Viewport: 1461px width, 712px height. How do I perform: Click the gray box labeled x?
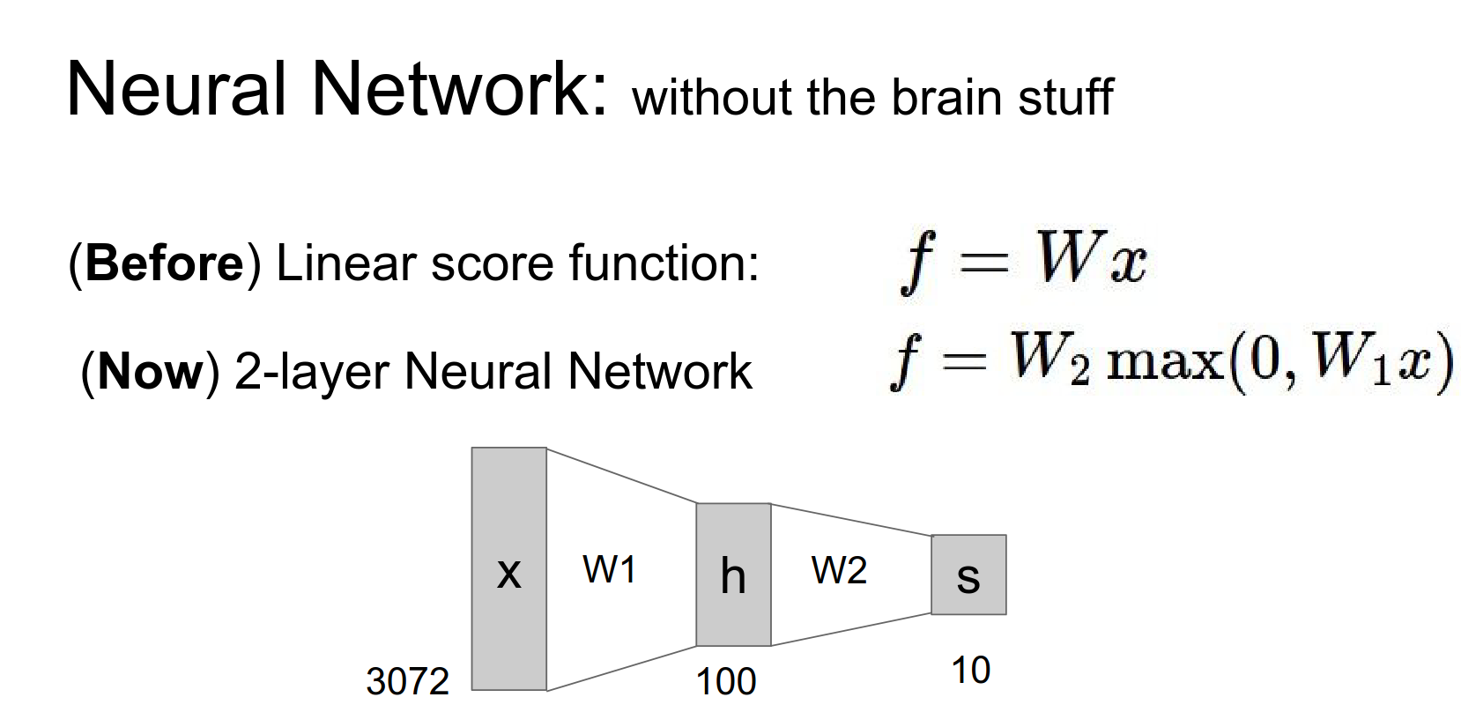[508, 568]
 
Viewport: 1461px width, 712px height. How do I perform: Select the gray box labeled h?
[733, 575]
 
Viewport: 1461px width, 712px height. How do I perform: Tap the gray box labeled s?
[968, 575]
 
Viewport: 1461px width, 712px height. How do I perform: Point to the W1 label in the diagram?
[609, 570]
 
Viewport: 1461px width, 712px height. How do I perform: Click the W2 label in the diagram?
[839, 571]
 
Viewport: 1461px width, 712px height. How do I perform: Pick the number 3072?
[407, 681]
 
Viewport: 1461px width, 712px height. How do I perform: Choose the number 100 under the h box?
[726, 681]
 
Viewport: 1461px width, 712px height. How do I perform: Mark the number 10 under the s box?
[970, 671]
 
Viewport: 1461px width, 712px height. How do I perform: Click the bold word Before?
[165, 263]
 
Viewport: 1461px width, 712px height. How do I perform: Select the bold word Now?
[150, 370]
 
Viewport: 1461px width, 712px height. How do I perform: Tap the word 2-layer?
[312, 372]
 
